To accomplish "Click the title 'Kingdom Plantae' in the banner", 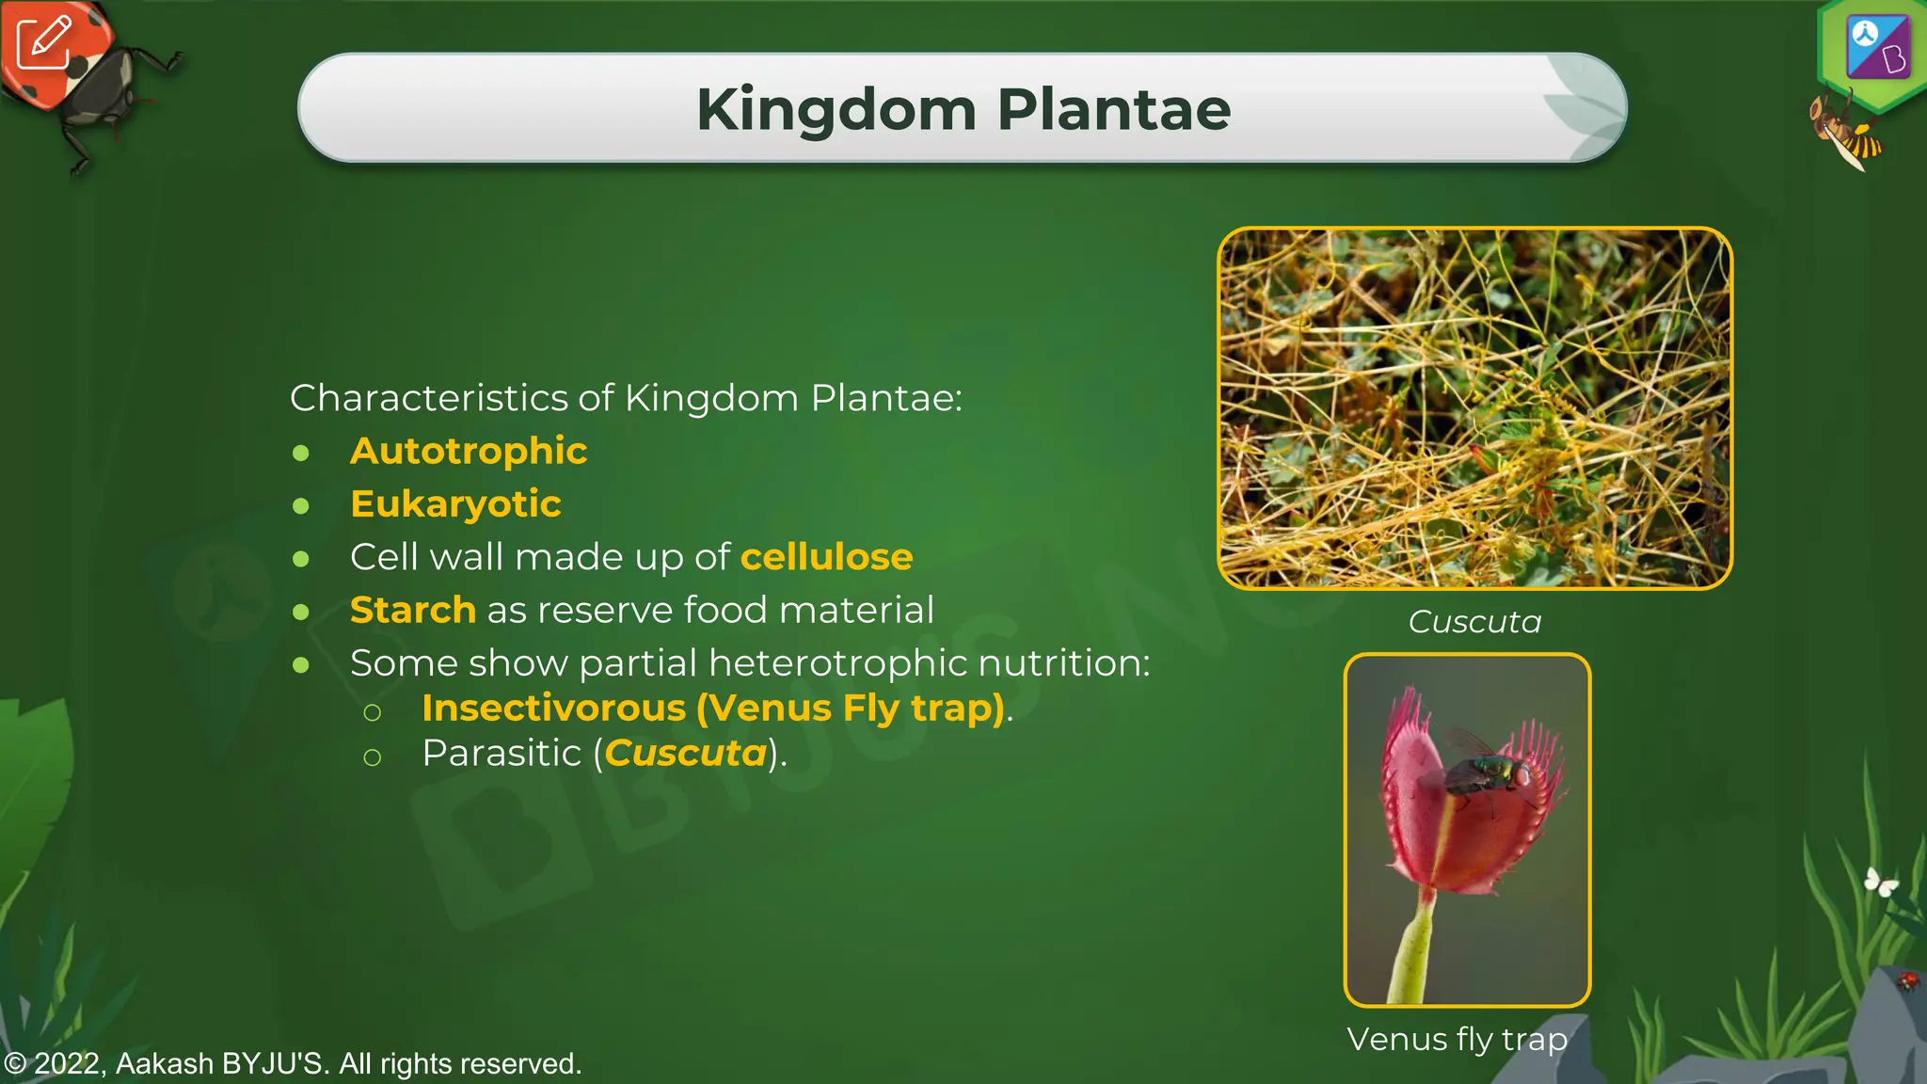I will pos(963,109).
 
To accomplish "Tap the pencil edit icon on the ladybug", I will pos(43,42).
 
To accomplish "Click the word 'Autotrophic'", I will pos(468,451).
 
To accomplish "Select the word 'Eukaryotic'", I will pos(455,504).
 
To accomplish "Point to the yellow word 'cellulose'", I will pos(826,557).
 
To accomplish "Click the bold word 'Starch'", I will pos(412,610).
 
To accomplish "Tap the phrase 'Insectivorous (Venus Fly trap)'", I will pos(713,708).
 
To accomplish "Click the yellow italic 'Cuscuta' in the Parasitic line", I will pos(685,753).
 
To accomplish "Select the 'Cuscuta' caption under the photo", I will pos(1474,621).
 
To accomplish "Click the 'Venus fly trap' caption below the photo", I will pos(1457,1039).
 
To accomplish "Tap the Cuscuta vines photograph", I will pos(1474,407).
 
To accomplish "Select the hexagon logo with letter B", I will pos(1876,49).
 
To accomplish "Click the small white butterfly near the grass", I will pos(1880,882).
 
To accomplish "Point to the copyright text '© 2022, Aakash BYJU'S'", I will pos(293,1063).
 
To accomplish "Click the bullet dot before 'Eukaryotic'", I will pos(301,506).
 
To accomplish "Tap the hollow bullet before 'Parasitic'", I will pos(373,757).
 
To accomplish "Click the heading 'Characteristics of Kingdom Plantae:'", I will pos(626,398).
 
